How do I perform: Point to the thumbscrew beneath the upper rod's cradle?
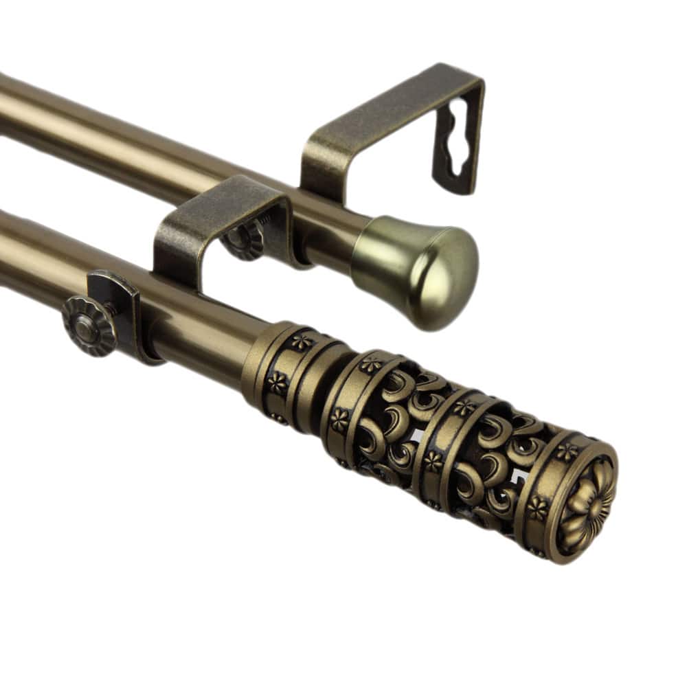click(x=244, y=240)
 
